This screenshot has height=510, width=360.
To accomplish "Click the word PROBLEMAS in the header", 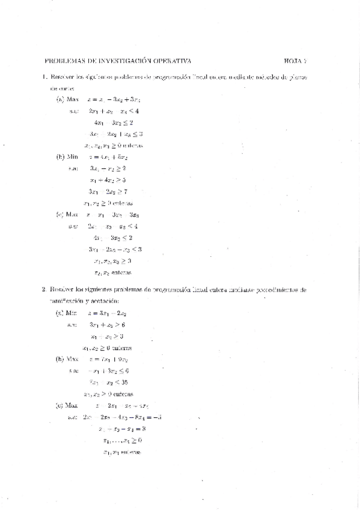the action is tap(63, 60).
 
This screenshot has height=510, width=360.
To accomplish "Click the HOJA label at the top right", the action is tap(293, 60).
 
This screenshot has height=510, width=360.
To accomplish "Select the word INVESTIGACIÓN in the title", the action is tap(120, 60).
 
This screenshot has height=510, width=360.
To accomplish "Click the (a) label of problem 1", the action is tap(60, 99).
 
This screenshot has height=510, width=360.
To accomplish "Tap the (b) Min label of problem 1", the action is tap(64, 156).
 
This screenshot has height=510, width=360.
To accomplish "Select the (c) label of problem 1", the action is tap(60, 214).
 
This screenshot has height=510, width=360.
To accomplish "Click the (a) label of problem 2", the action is tap(60, 313).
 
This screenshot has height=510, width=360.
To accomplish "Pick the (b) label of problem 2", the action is tap(60, 358).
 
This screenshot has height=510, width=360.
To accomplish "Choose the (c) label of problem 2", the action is tap(60, 405).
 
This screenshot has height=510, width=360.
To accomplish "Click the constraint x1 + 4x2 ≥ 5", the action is tap(107, 180).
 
